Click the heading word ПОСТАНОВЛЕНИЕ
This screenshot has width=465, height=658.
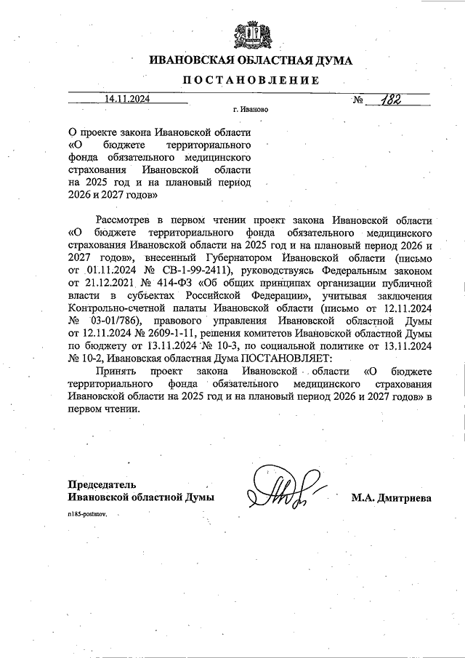point(251,80)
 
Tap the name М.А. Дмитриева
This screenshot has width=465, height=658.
point(392,498)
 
